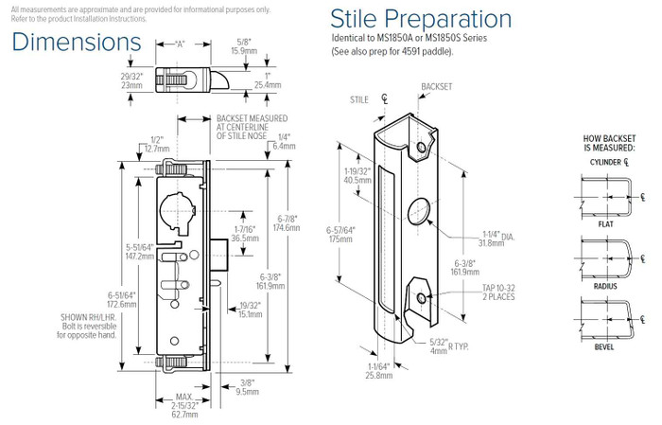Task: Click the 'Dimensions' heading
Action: [x=77, y=43]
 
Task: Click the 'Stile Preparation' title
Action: [x=421, y=19]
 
